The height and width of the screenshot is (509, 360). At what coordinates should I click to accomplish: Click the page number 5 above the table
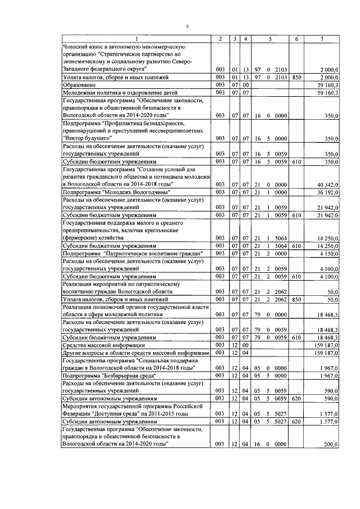(188, 26)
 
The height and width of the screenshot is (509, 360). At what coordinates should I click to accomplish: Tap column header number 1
(136, 39)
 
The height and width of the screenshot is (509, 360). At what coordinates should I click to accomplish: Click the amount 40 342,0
(326, 184)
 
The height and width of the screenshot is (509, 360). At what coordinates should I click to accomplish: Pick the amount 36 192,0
(326, 192)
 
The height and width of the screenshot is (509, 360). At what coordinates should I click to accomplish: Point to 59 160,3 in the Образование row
(327, 84)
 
